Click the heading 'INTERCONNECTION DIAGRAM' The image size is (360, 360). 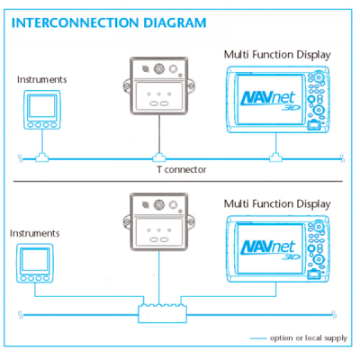click(109, 22)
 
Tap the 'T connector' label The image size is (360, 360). click(182, 169)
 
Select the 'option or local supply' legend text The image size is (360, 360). click(309, 338)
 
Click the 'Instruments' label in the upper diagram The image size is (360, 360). click(41, 79)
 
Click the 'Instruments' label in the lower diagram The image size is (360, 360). click(34, 233)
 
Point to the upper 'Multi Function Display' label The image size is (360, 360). click(277, 55)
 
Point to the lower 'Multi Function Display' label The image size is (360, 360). click(277, 204)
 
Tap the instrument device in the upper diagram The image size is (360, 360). click(42, 110)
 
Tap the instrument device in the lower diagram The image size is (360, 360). click(35, 263)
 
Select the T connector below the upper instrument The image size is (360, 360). click(42, 157)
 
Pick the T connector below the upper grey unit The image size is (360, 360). click(159, 157)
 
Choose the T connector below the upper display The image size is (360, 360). click(275, 157)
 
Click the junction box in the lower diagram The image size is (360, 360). click(162, 314)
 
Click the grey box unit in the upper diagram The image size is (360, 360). click(159, 85)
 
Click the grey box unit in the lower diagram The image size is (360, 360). click(159, 222)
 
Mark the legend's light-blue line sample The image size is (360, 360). click(258, 338)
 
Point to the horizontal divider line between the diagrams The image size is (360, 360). click(177, 182)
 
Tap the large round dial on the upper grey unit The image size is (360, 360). click(159, 68)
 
